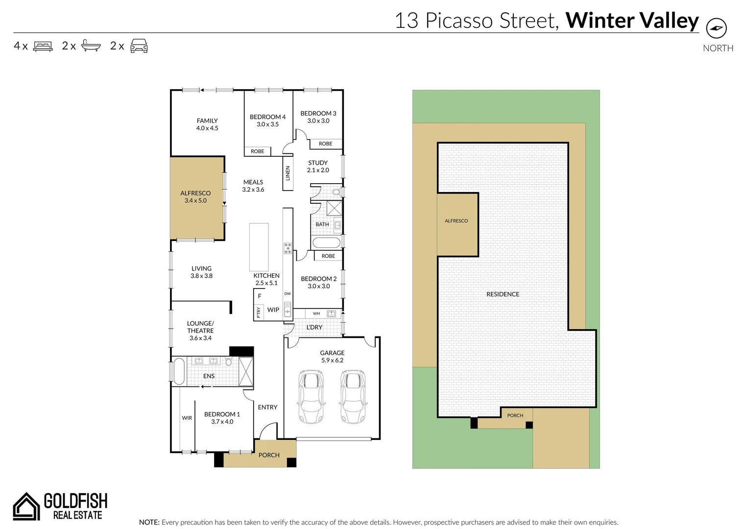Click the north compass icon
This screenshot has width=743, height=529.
[716, 28]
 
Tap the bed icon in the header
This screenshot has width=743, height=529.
[43, 47]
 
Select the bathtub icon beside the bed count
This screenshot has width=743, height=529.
[91, 46]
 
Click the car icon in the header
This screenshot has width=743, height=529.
[139, 46]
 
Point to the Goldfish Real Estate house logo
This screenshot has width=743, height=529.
[26, 506]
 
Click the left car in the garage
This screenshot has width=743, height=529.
[311, 396]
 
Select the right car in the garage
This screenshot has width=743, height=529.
[353, 396]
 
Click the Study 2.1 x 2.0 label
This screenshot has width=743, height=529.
[318, 167]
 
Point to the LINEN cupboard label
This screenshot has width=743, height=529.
[288, 173]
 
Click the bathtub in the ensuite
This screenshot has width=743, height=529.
[179, 372]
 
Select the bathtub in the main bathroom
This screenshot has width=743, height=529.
[326, 242]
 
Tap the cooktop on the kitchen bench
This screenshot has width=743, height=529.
[288, 248]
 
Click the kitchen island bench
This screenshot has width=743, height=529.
[259, 247]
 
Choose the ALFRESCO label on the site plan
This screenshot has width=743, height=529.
[456, 221]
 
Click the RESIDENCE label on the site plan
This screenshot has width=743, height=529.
[503, 294]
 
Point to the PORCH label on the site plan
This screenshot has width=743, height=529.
[515, 415]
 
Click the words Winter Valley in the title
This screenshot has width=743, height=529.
[632, 21]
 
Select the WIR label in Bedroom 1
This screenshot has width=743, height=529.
[187, 418]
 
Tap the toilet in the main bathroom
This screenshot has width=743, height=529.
[336, 192]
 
